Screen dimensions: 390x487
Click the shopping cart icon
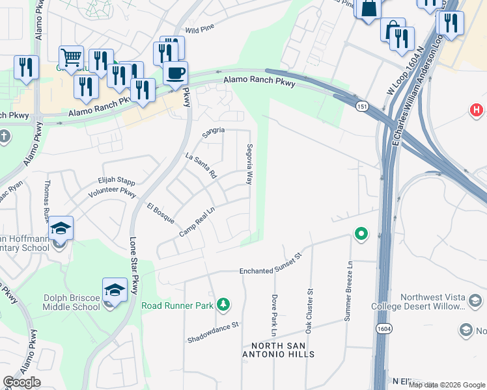coord(70,57)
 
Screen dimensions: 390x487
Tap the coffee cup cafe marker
coord(174,73)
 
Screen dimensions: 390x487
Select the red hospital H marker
coord(477,110)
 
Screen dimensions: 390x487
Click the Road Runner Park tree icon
coord(223,304)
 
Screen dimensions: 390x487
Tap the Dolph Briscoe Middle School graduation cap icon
coord(115,289)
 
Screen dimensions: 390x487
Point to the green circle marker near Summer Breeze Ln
coord(360,233)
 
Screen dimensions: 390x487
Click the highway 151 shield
coord(360,106)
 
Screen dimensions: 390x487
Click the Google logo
coord(21,382)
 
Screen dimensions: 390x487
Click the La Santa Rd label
coord(201,166)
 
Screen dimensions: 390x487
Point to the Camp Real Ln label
coord(197,221)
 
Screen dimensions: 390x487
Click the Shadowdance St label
coord(214,332)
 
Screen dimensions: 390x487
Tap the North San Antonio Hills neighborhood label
coord(278,349)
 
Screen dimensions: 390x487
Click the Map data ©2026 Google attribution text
coord(447,385)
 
